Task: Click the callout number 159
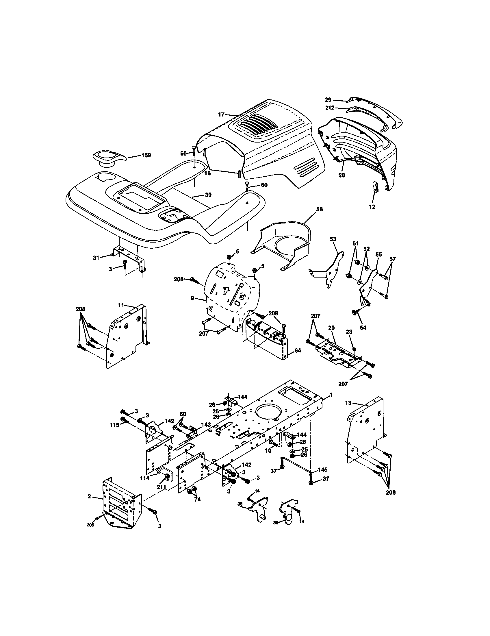pyautogui.click(x=146, y=155)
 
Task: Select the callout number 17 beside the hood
pyautogui.click(x=221, y=114)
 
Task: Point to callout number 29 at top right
pyautogui.click(x=328, y=100)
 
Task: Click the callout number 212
pyautogui.click(x=330, y=108)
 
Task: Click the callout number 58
pyautogui.click(x=319, y=209)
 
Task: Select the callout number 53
pyautogui.click(x=333, y=239)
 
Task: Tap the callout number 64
pyautogui.click(x=297, y=351)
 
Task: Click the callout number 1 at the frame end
pyautogui.click(x=331, y=395)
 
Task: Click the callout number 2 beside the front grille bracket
pyautogui.click(x=89, y=496)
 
